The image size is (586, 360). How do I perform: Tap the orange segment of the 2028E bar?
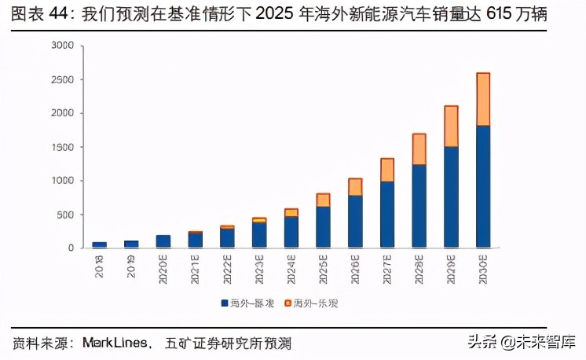tap(419, 149)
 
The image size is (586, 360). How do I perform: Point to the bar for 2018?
tap(99, 245)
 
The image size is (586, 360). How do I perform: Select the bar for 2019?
tap(131, 244)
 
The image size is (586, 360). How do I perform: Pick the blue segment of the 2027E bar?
tap(387, 215)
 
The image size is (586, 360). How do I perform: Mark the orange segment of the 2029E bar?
tap(451, 127)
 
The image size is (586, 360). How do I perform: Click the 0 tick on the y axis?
tap(70, 248)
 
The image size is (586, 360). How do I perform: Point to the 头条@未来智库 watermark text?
tap(522, 342)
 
